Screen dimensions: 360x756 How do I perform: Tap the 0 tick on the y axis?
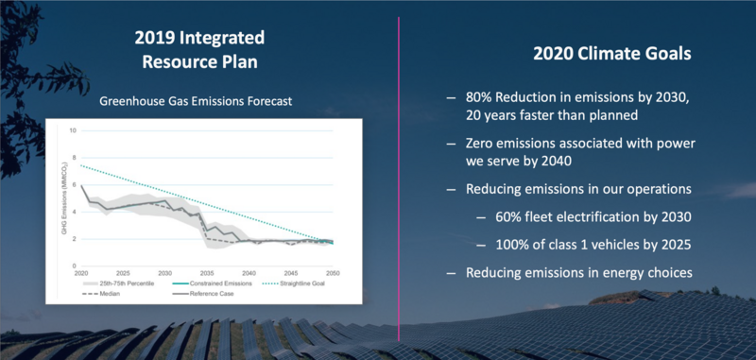pos(74,266)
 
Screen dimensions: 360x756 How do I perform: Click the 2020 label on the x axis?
pos(83,274)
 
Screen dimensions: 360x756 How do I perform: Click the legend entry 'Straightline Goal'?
pos(308,283)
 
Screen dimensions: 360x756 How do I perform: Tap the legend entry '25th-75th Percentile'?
pos(117,283)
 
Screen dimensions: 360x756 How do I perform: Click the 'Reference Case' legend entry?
pos(208,294)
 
